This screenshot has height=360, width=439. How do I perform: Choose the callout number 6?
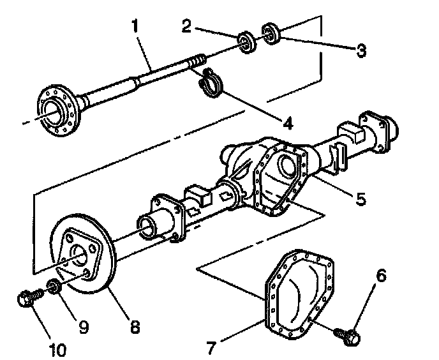coord(380,276)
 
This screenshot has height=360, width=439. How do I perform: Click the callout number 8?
coord(135,327)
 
